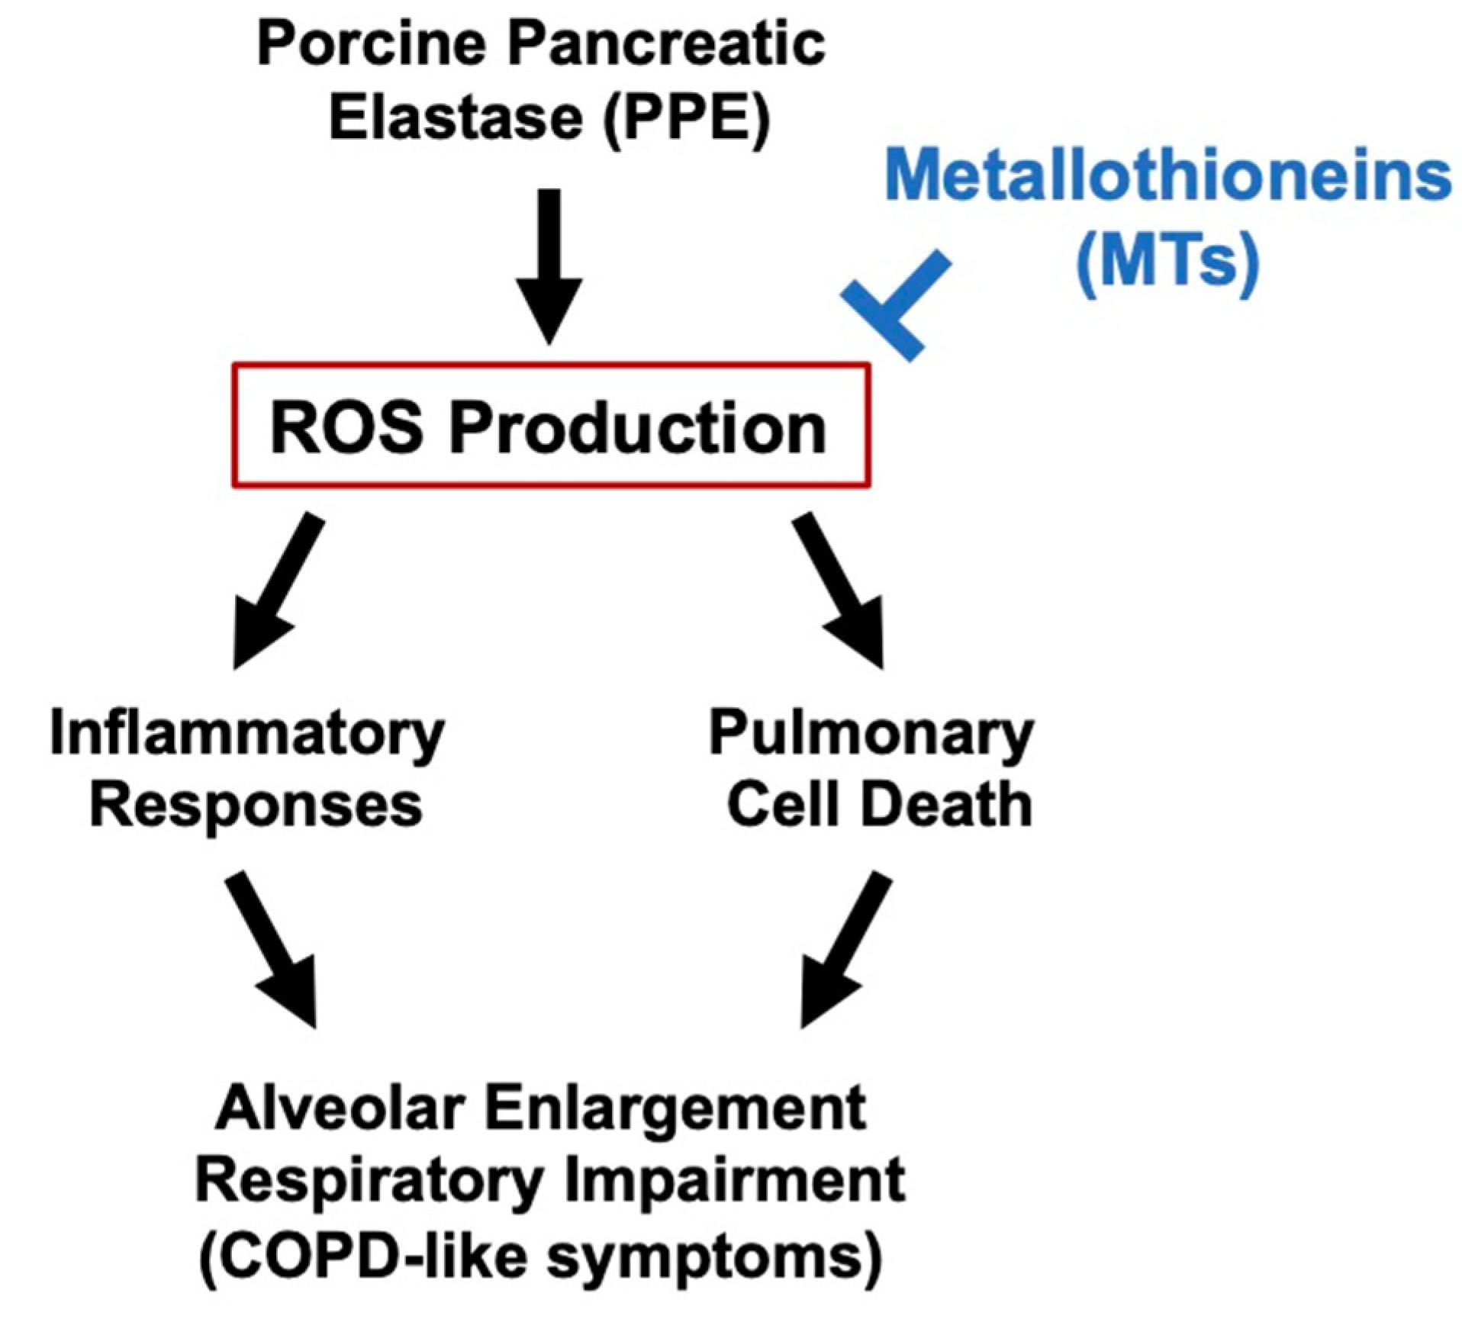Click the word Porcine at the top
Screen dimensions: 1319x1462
click(371, 44)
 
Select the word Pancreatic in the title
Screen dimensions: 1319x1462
click(667, 44)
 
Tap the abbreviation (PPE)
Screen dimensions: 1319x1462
click(686, 119)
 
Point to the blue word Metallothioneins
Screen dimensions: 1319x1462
click(1167, 176)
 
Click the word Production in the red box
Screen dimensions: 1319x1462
click(638, 428)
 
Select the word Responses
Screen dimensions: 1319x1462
click(256, 806)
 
